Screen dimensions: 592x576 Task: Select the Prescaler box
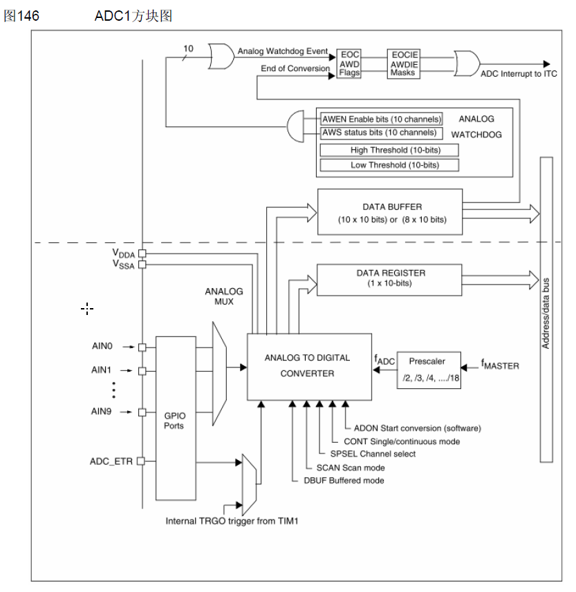click(x=429, y=370)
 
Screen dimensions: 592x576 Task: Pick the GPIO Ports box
click(x=176, y=417)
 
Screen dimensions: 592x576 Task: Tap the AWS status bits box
click(x=380, y=132)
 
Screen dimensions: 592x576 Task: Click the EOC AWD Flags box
click(x=349, y=64)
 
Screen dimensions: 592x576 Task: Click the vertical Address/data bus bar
click(x=546, y=309)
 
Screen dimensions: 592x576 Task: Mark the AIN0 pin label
click(x=102, y=347)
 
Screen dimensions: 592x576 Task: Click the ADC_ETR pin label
click(x=111, y=461)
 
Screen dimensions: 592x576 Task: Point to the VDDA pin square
click(x=142, y=254)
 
